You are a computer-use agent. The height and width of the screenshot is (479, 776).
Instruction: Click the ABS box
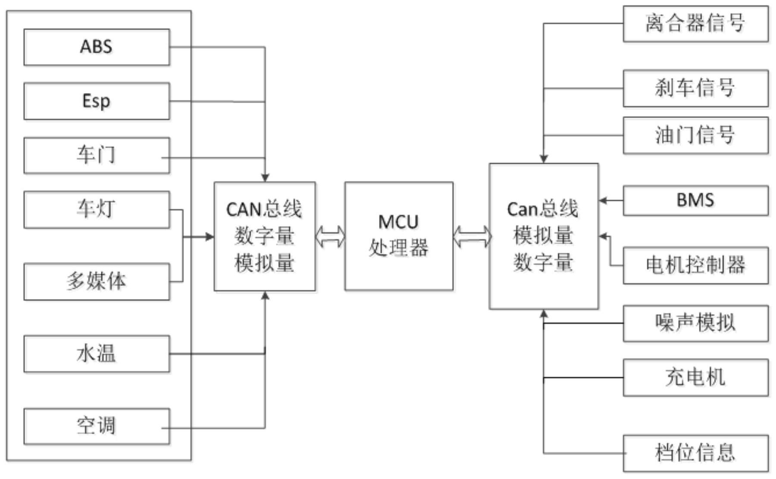(97, 47)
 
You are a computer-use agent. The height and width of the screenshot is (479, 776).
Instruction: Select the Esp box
(97, 101)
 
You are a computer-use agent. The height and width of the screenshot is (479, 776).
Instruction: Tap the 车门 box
(97, 156)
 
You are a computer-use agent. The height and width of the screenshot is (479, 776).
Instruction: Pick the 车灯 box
(97, 210)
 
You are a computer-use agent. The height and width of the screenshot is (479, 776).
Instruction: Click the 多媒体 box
(97, 282)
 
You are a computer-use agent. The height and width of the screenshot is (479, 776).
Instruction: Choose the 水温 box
(97, 354)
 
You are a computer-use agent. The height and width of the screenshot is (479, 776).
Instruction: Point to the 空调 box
(97, 426)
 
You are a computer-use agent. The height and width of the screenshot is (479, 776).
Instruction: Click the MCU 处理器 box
(399, 236)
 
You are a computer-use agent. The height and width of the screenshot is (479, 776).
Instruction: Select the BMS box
(695, 200)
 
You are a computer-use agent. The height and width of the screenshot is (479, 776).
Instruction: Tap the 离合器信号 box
(695, 24)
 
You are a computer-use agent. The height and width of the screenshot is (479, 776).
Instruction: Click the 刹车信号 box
(695, 88)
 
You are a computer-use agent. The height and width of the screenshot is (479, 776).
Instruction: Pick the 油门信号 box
(695, 135)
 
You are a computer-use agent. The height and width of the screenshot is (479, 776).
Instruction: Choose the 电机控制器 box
(695, 265)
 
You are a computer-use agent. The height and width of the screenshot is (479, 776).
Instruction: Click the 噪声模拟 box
(695, 323)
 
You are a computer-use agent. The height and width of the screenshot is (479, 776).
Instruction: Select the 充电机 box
(695, 377)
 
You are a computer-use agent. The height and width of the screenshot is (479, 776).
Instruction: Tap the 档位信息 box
(695, 453)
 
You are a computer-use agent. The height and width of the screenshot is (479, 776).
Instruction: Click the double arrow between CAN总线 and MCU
(330, 236)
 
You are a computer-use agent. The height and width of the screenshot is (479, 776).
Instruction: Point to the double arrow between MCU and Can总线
(472, 236)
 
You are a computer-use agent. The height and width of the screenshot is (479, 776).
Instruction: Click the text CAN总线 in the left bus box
(264, 210)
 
